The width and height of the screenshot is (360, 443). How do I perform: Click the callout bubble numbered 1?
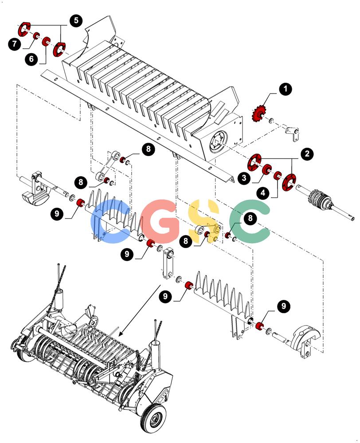tap(286, 89)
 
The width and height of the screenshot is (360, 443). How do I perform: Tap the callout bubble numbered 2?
tap(307, 154)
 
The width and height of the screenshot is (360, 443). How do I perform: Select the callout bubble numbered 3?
tap(244, 178)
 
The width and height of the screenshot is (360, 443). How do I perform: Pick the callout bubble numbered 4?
tap(263, 193)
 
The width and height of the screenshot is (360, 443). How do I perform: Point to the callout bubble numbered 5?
tap(76, 20)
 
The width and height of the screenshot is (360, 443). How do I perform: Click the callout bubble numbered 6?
tap(31, 59)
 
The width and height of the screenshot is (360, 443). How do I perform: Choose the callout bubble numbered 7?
tap(15, 44)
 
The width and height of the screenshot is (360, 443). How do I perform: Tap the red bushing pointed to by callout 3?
tap(267, 169)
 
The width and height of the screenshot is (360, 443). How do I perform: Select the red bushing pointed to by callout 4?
tap(277, 175)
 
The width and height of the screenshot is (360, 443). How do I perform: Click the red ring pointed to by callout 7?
tap(36, 36)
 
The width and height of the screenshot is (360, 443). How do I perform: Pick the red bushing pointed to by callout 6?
tap(46, 41)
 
